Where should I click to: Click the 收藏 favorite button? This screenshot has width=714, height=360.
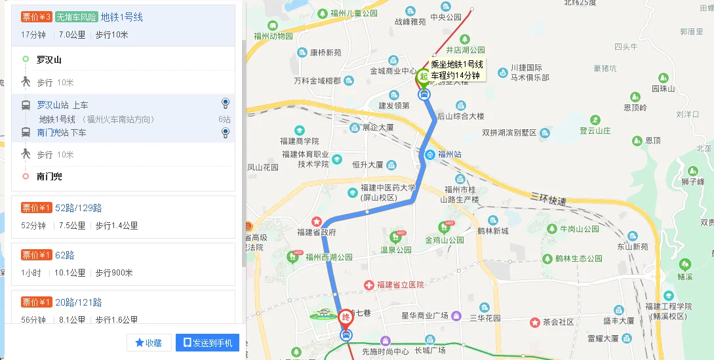click(x=149, y=342)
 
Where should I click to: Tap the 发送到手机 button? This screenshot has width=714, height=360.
click(x=207, y=342)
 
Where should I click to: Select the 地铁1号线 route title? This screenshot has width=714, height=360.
click(x=122, y=17)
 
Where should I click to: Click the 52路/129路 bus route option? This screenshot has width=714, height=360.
click(x=79, y=208)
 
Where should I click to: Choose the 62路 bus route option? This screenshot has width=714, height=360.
click(x=65, y=255)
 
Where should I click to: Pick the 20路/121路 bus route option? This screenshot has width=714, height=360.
click(x=79, y=302)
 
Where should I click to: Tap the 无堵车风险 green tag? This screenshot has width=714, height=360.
click(x=77, y=17)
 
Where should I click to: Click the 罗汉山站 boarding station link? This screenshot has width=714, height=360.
click(x=53, y=105)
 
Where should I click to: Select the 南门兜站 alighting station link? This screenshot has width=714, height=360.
click(x=53, y=132)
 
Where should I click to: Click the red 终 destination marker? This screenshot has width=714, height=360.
click(x=346, y=317)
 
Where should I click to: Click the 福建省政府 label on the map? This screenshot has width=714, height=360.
click(x=317, y=232)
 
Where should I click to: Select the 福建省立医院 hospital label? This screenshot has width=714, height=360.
click(x=400, y=285)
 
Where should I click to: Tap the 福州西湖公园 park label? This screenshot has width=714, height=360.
click(x=330, y=258)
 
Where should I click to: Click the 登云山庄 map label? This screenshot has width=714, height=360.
click(x=595, y=130)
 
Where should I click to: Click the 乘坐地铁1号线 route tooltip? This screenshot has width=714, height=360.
click(x=457, y=70)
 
